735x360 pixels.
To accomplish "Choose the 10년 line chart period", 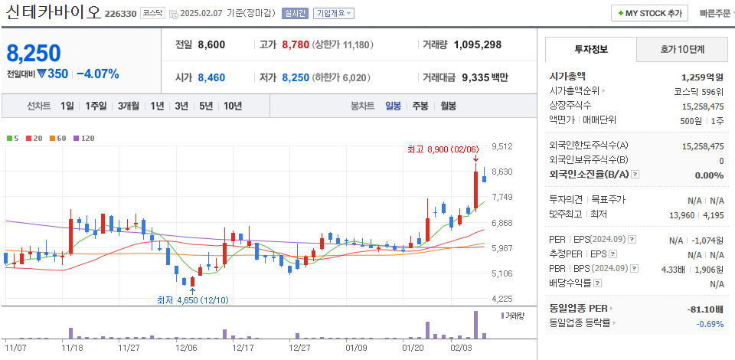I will (x=233, y=106).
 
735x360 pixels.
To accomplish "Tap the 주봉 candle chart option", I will (x=420, y=106).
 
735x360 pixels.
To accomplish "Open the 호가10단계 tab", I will (x=682, y=49).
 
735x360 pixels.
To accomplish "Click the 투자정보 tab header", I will (x=590, y=49).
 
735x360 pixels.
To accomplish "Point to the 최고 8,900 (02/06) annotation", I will (x=443, y=149).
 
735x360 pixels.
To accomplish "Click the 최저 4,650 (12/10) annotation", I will (x=192, y=299).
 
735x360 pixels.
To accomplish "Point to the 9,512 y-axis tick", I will (x=502, y=146).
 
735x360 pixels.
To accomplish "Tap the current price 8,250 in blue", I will (x=34, y=54).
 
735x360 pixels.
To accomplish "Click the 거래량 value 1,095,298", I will (x=477, y=44).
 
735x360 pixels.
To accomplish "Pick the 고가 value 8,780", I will (x=295, y=44).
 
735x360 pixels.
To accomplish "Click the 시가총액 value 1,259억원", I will (x=702, y=77).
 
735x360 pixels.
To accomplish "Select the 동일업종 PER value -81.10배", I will (x=704, y=309).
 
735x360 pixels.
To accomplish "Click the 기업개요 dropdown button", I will (x=334, y=13).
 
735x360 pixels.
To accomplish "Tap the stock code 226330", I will (x=120, y=14).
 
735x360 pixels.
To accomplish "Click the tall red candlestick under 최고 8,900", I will (x=476, y=188).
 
